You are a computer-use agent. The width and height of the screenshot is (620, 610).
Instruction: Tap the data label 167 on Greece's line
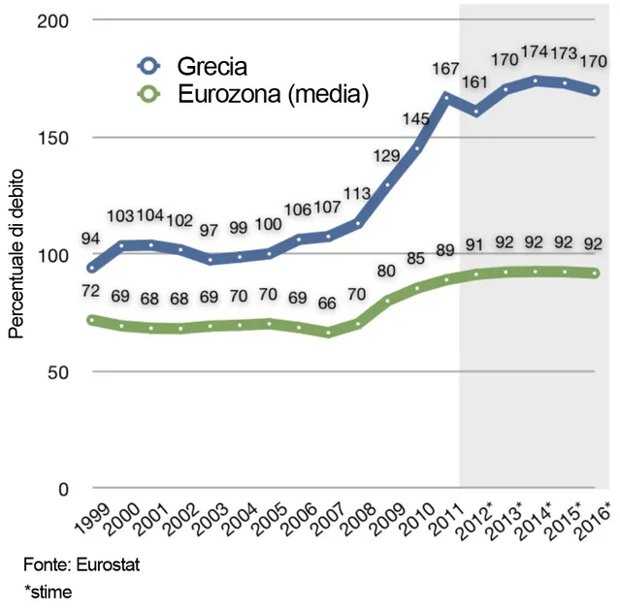(446, 69)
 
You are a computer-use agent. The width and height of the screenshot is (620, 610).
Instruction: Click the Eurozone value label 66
(327, 304)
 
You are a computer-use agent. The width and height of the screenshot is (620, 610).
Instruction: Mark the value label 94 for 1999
(92, 240)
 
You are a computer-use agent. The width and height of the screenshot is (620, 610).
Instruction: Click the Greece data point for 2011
(446, 97)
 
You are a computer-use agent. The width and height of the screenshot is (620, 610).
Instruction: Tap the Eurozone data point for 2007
(328, 333)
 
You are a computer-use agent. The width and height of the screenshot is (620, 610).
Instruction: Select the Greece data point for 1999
(92, 268)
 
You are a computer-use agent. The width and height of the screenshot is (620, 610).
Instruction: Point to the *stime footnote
(49, 591)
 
